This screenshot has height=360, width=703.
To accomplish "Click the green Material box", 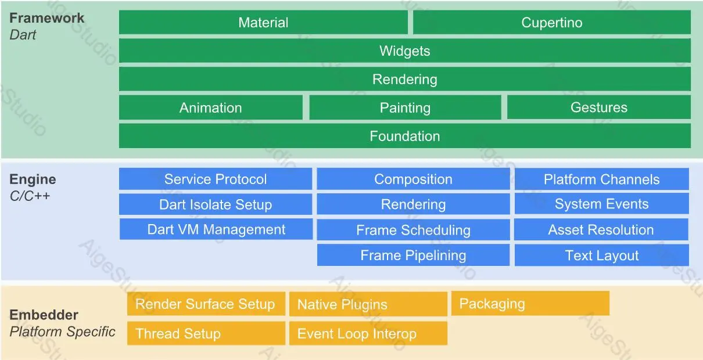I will coord(263,23).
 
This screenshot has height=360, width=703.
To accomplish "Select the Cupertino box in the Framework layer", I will coord(551,23).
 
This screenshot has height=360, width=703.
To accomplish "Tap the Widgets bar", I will coord(404,51).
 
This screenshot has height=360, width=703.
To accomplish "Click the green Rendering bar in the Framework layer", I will coord(404,79).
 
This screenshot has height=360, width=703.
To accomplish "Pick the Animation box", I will coord(210,107).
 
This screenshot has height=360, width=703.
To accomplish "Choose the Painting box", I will coord(404,107).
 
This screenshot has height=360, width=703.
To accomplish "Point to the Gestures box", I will coord(598,107).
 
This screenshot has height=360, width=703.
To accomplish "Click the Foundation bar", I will coord(404,136).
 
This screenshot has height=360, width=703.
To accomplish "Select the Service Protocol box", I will coord(216,179).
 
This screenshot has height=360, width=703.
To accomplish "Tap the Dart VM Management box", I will coord(216,229).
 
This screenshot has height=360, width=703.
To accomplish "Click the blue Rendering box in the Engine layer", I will coord(413,204).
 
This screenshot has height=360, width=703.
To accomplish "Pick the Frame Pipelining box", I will coord(413,255).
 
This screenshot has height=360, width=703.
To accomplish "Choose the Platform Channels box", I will coord(601,179).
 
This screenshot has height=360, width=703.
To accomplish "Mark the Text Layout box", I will coord(601,255).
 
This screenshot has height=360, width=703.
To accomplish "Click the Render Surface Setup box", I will coord(206,304).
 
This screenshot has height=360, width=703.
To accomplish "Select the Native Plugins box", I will coord(368,304).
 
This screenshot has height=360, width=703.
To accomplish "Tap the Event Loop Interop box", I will coord(368,334).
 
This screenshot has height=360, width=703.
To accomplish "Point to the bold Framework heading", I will coord(46,18).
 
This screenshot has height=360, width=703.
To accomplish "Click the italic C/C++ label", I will coord(30,196).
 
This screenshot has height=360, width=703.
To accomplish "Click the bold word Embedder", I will coord(44,315).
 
